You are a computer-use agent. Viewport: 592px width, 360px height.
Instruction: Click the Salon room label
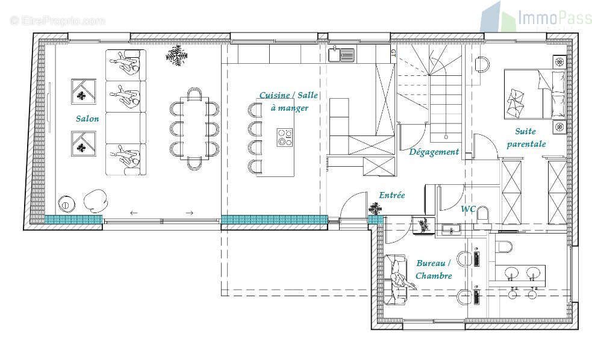[x=87, y=119]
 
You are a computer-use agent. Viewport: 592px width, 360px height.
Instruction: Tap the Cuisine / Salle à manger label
[x=289, y=102]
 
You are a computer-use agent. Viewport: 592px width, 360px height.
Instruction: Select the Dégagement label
[x=434, y=152]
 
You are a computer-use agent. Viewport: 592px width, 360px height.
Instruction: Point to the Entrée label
[x=392, y=195]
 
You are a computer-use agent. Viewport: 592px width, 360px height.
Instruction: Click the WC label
[x=468, y=209]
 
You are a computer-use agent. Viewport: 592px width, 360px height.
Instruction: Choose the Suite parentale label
[x=526, y=137]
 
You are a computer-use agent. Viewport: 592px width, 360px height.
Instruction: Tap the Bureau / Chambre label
[x=434, y=270]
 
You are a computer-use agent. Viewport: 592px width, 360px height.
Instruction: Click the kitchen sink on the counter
[x=341, y=55]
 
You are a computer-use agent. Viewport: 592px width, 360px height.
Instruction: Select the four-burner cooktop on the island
[x=285, y=137]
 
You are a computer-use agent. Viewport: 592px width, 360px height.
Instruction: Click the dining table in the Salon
[x=194, y=128]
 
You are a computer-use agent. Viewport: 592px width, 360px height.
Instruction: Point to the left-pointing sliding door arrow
[x=134, y=213]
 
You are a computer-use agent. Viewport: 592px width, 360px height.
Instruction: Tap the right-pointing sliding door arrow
[x=190, y=213]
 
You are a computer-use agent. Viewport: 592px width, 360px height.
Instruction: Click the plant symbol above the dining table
[x=176, y=55]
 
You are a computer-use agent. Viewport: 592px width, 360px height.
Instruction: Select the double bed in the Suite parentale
[x=535, y=95]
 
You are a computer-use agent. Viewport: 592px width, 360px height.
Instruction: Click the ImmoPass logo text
[x=554, y=17]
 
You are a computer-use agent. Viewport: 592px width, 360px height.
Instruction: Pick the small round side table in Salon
[x=66, y=204]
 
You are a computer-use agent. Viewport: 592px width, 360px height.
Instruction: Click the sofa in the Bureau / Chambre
[x=395, y=279]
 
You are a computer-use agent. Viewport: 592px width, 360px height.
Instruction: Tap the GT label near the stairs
[x=393, y=53]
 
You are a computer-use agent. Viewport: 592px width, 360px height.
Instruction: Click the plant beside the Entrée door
[x=375, y=208]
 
